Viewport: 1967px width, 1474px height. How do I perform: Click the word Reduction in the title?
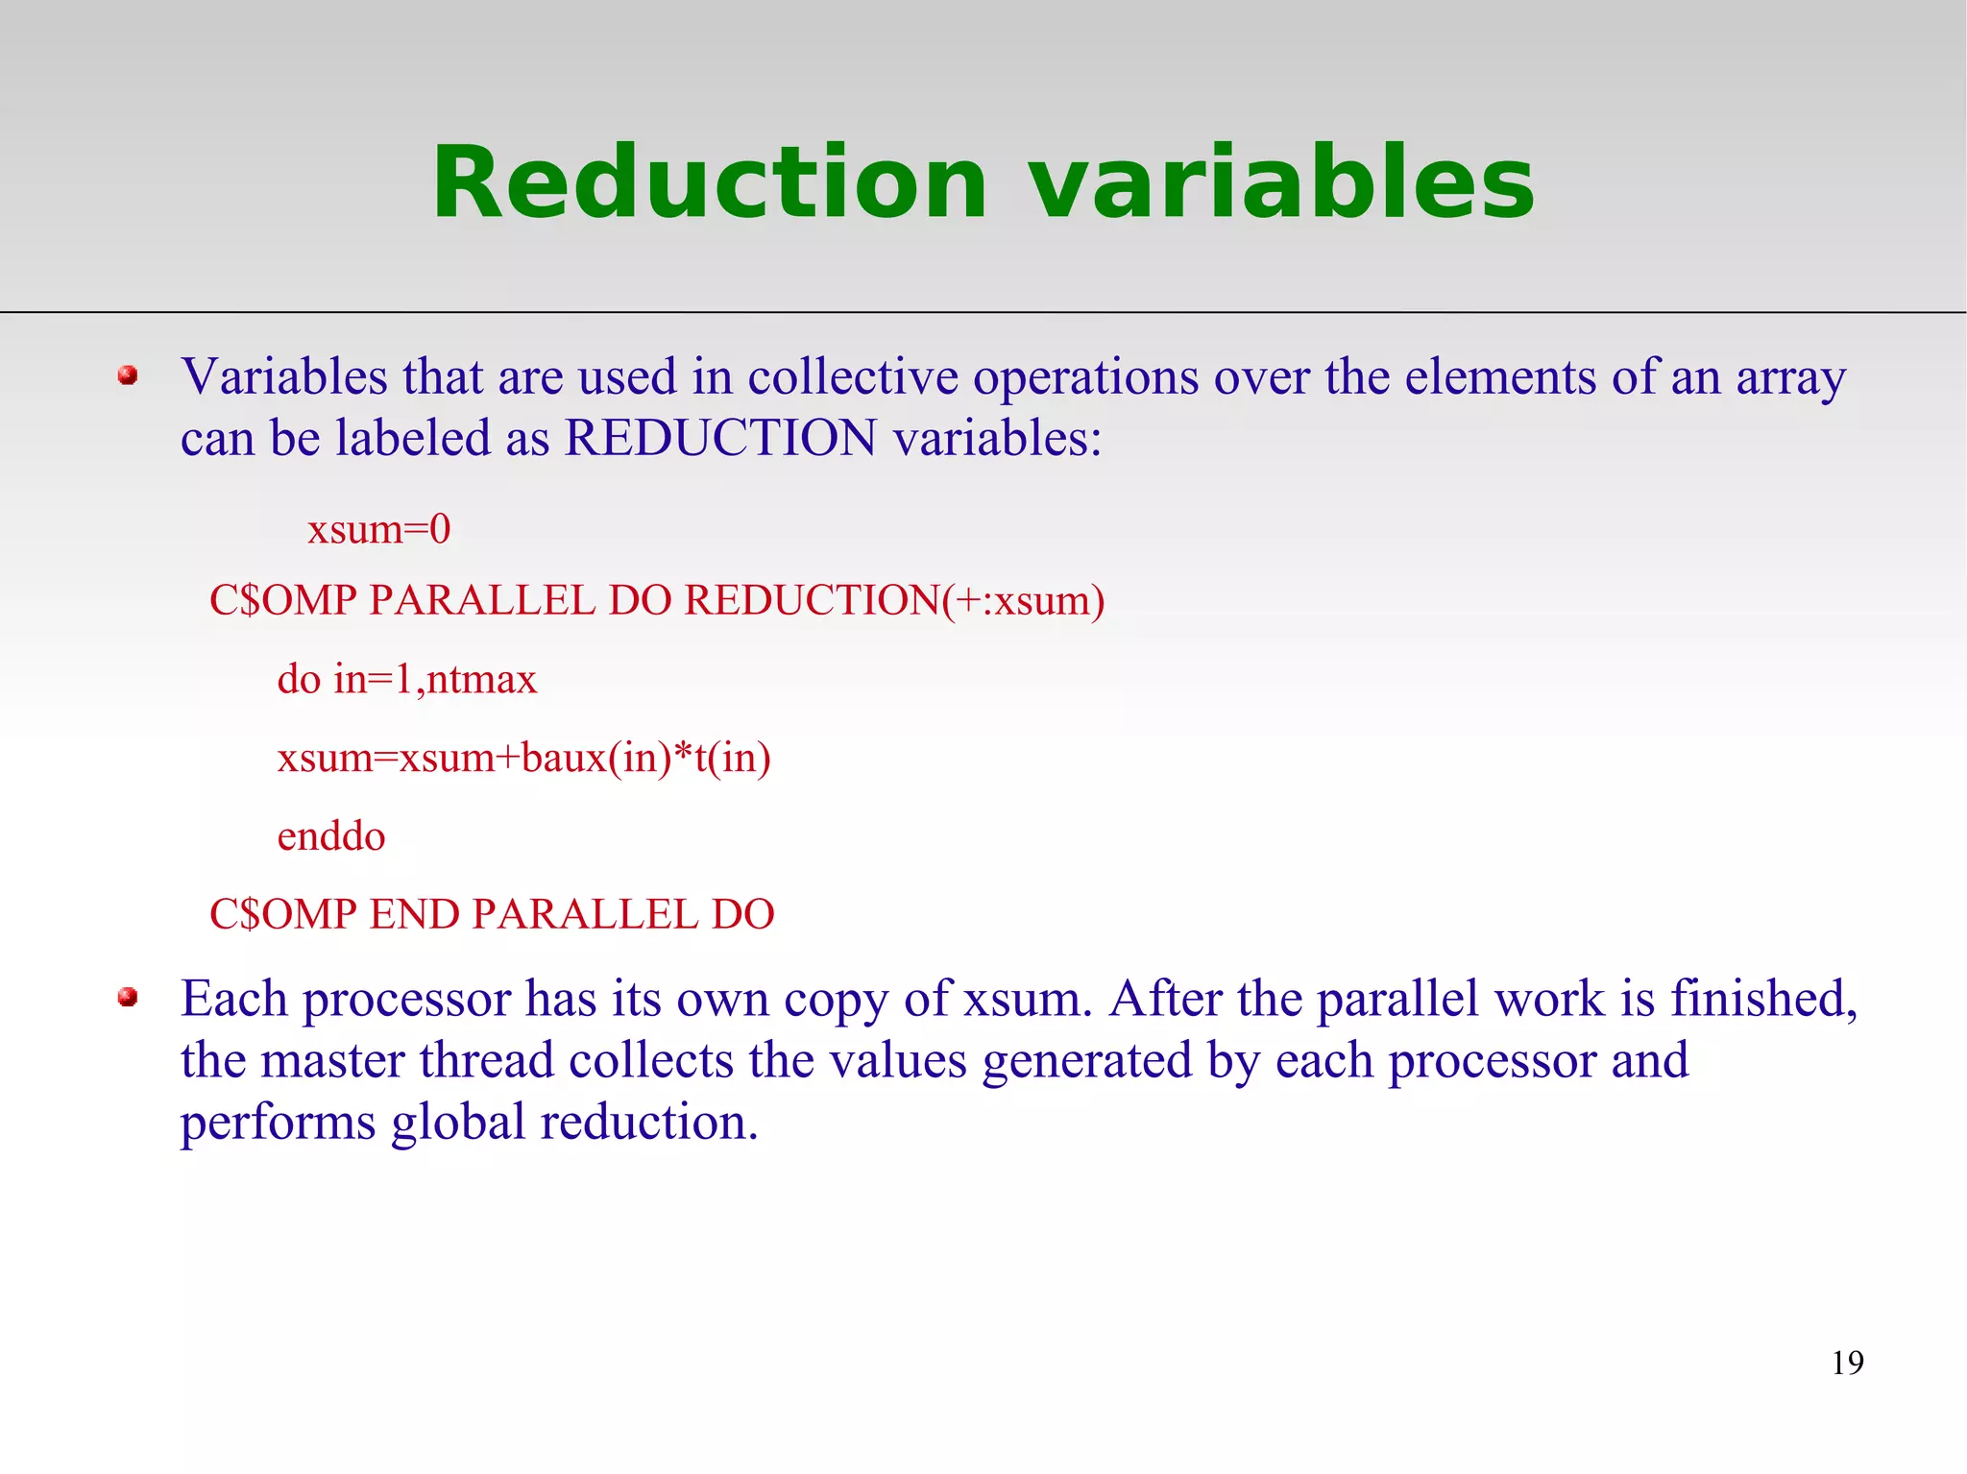click(709, 182)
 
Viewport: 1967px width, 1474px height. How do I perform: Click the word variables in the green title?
click(1281, 182)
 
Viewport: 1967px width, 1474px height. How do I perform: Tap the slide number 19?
click(1847, 1363)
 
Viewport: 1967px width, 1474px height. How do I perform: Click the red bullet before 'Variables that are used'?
click(128, 375)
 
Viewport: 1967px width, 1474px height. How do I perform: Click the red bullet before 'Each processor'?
click(128, 998)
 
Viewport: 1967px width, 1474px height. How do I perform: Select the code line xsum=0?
click(378, 529)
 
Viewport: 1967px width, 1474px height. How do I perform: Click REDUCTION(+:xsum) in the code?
click(894, 601)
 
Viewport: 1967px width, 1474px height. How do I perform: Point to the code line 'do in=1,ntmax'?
click(406, 680)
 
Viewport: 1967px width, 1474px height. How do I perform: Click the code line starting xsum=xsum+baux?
click(523, 759)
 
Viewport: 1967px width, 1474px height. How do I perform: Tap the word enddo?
click(331, 836)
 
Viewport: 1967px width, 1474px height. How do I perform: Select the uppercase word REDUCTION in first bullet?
click(720, 438)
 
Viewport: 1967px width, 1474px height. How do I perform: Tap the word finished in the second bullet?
click(1763, 999)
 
